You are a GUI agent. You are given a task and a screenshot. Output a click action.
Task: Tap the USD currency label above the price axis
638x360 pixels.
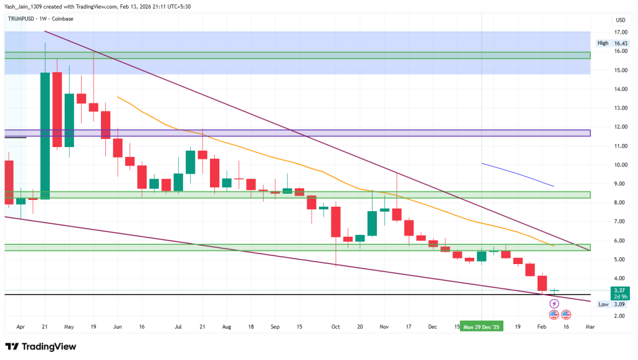coord(620,19)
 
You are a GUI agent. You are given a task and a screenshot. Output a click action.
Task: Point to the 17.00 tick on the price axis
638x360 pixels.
coord(620,32)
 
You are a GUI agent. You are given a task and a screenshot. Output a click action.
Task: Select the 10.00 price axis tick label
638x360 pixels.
coord(620,165)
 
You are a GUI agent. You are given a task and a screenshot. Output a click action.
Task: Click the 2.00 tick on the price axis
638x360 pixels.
coord(620,316)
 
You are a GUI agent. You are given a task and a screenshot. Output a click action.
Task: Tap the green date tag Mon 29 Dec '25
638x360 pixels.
coord(482,326)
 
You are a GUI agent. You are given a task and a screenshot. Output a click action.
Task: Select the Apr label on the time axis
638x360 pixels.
coord(20,326)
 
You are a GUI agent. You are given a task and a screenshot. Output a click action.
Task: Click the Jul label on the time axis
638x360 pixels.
coord(178,326)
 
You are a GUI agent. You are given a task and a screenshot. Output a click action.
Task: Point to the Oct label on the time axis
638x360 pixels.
coord(336,326)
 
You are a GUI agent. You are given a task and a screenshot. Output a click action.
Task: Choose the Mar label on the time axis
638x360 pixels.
coord(590,326)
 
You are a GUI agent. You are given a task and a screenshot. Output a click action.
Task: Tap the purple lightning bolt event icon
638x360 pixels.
coord(554,303)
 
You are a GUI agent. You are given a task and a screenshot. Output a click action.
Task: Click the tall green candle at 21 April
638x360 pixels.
coord(45,134)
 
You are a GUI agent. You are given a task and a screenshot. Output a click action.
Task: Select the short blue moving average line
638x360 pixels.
coord(517,174)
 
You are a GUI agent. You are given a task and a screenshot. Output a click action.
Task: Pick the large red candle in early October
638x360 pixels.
coord(336,222)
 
